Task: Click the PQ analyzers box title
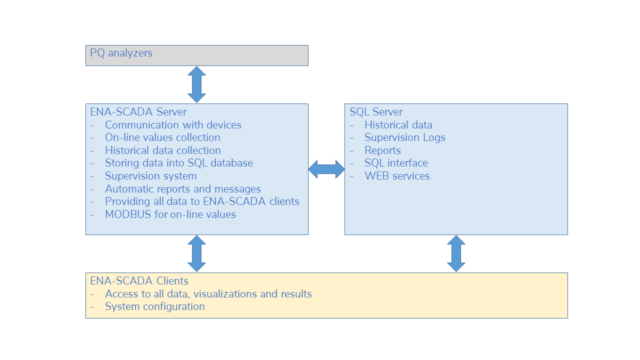(x=121, y=53)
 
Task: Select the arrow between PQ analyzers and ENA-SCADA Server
(x=196, y=84)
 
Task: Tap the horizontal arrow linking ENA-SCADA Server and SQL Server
(x=326, y=169)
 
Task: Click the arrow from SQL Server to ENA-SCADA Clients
(x=456, y=253)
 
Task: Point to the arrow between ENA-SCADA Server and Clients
(x=196, y=253)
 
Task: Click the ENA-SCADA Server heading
(x=138, y=111)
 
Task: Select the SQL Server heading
(x=376, y=111)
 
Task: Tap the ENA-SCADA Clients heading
(x=139, y=281)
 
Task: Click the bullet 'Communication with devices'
(x=173, y=125)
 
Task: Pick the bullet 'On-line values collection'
(x=162, y=137)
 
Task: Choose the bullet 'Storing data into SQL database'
(x=179, y=163)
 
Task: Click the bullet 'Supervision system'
(x=151, y=176)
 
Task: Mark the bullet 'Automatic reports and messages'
(x=183, y=189)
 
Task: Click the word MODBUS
(x=128, y=214)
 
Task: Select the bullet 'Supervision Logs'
(x=405, y=137)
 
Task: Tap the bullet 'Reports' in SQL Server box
(x=382, y=150)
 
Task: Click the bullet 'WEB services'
(x=397, y=176)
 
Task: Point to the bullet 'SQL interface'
(x=396, y=163)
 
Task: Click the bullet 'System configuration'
(x=155, y=306)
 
